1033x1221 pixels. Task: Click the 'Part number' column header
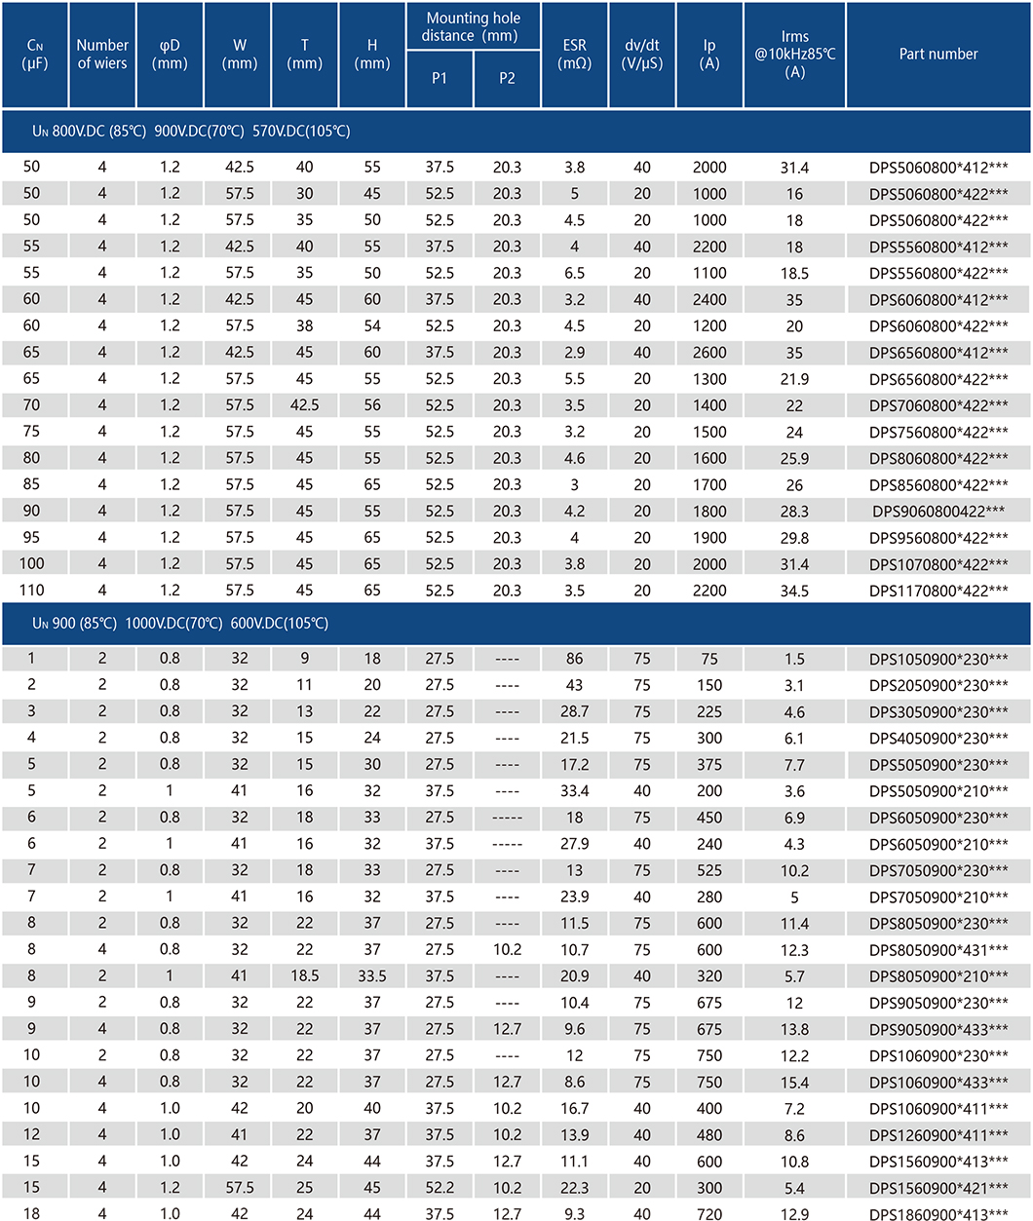937,54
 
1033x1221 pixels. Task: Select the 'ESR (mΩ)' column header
574,55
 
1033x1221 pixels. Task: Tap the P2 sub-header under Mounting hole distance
507,78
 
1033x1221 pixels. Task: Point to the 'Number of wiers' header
102,55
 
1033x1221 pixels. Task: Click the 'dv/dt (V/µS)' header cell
641,55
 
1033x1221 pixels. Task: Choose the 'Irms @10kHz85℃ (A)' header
794,55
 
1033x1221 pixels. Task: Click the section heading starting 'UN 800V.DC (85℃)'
191,132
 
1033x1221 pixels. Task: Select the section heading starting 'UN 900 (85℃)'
180,624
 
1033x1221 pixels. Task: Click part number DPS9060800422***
937,511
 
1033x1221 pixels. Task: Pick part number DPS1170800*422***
937,591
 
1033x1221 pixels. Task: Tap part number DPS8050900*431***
937,950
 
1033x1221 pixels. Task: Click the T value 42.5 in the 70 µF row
304,405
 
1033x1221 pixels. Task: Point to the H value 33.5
372,976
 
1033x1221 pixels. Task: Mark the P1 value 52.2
440,1188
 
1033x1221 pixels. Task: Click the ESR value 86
574,659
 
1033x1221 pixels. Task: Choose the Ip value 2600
709,353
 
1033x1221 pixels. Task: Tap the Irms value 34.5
794,591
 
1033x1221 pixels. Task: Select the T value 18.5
304,976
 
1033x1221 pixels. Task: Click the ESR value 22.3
574,1188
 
